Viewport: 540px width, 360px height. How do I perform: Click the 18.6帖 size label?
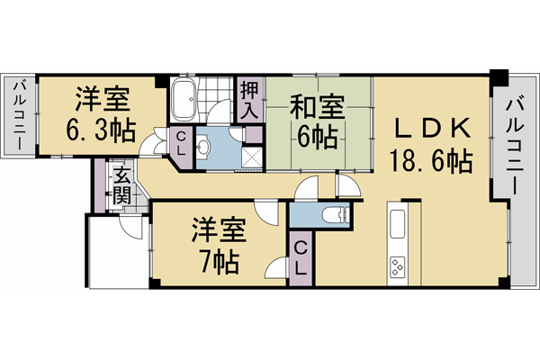tap(431, 162)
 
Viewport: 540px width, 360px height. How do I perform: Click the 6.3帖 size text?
tap(100, 129)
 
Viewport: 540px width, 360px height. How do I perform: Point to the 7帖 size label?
tap(218, 262)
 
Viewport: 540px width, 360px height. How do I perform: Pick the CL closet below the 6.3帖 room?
tap(181, 143)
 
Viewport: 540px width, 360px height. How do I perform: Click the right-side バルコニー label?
tap(515, 143)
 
